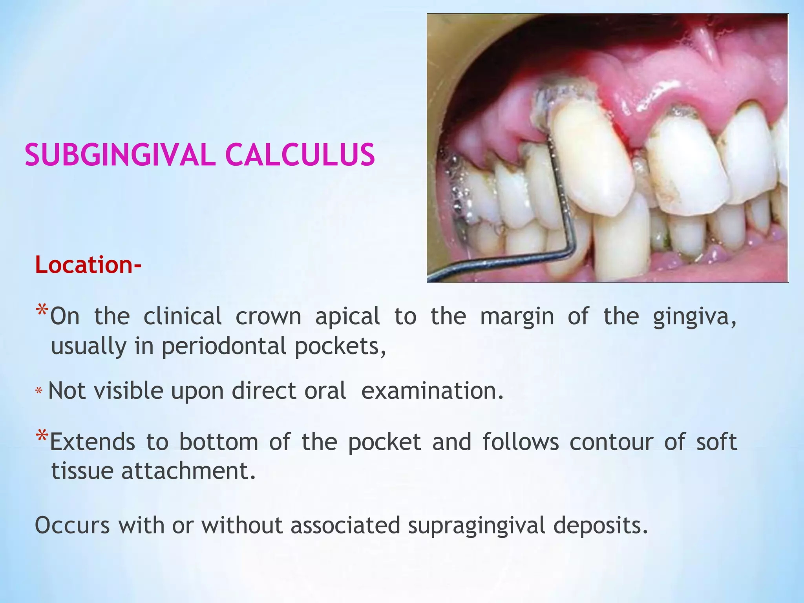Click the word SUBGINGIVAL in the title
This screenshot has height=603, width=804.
pyautogui.click(x=120, y=155)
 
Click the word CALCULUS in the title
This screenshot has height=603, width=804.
pyautogui.click(x=300, y=155)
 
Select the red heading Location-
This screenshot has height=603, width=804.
pyautogui.click(x=88, y=265)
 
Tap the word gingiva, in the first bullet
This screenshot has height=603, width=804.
pyautogui.click(x=694, y=316)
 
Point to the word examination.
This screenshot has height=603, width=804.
pyautogui.click(x=432, y=391)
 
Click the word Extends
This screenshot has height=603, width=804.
pyautogui.click(x=93, y=442)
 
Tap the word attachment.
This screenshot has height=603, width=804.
pyautogui.click(x=188, y=471)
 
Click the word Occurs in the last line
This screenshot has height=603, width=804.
pyautogui.click(x=72, y=525)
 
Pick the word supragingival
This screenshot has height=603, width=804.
pyautogui.click(x=476, y=525)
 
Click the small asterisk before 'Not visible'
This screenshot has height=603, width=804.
pyautogui.click(x=38, y=391)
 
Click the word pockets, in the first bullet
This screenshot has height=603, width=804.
pyautogui.click(x=340, y=346)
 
